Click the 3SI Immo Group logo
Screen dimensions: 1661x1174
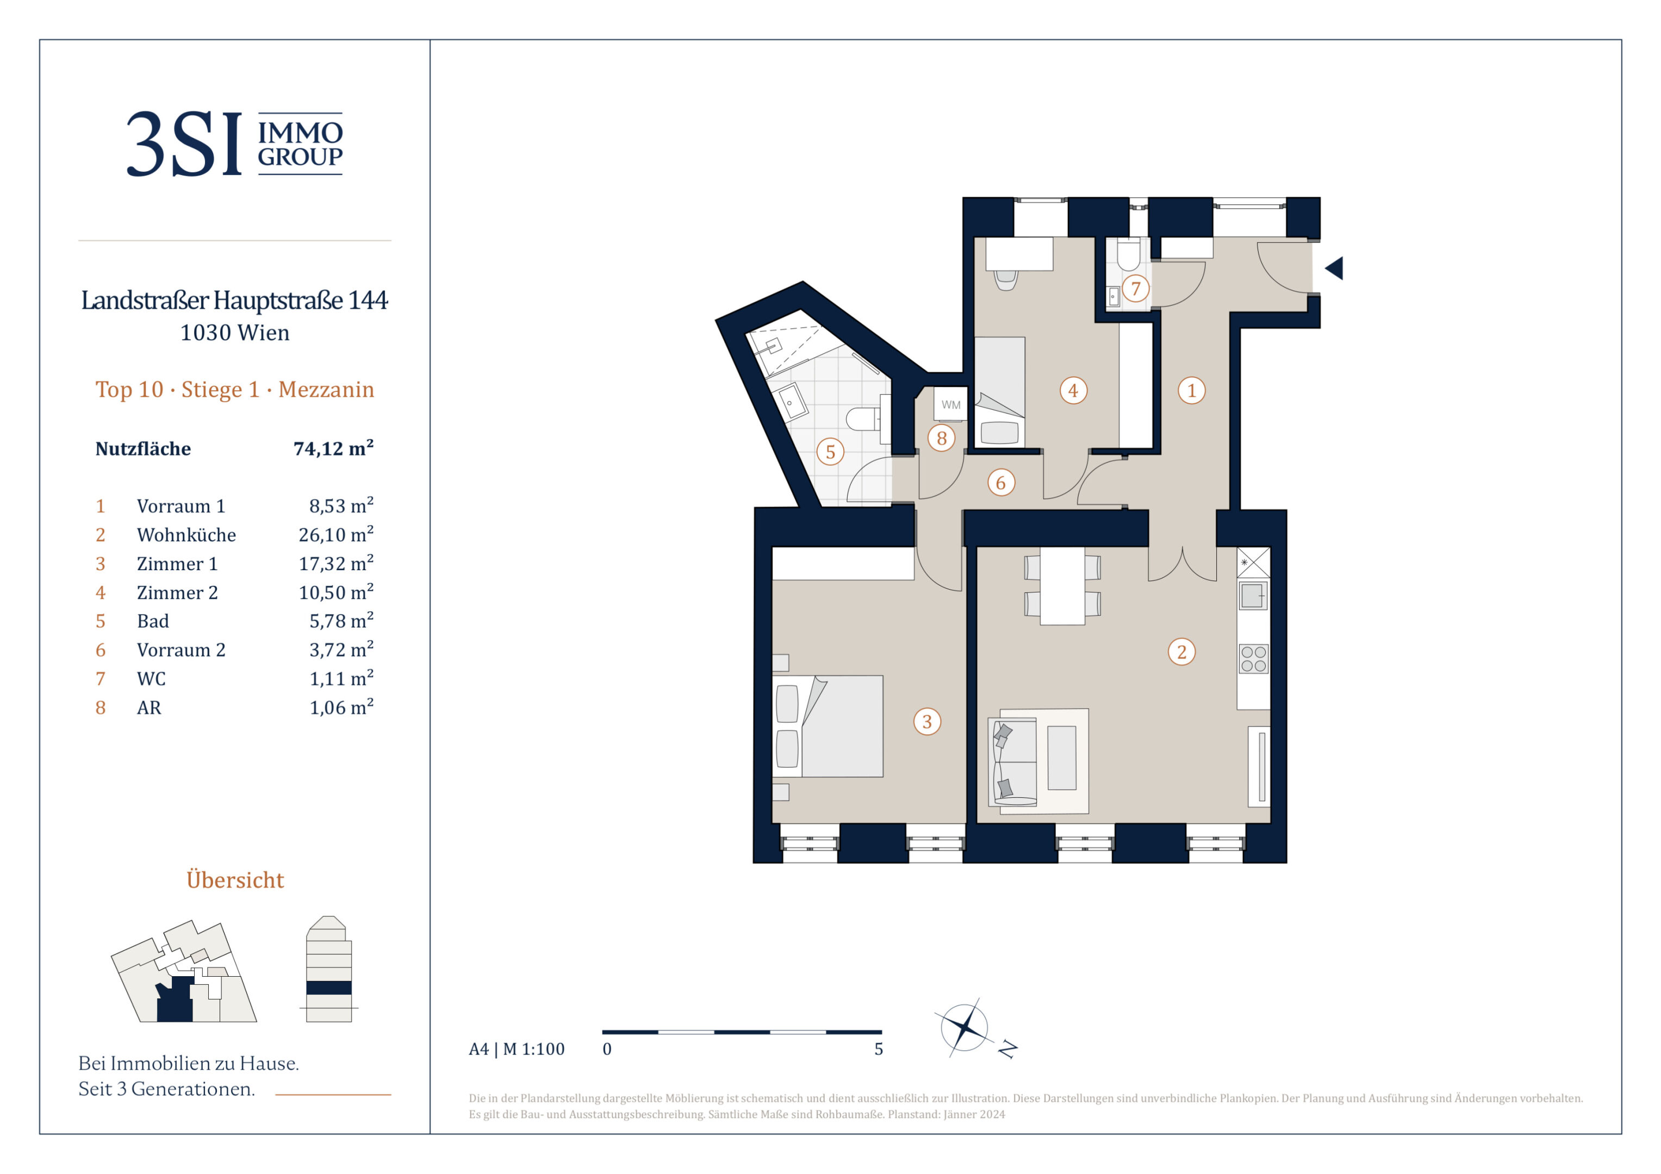[234, 143]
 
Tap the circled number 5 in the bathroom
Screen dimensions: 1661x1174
[831, 452]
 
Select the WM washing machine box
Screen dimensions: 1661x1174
[950, 404]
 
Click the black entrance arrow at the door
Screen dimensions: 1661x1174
[1334, 268]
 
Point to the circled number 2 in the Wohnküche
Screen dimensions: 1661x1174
[1181, 652]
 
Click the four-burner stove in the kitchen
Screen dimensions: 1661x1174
[1254, 659]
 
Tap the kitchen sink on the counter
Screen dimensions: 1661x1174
[1253, 596]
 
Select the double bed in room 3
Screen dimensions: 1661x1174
[829, 726]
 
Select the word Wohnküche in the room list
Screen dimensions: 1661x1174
[186, 535]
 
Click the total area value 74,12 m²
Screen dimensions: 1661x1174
[333, 448]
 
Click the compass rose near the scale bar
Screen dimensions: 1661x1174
[965, 1027]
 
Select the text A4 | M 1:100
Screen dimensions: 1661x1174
[517, 1049]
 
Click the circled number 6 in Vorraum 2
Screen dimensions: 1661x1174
[1000, 483]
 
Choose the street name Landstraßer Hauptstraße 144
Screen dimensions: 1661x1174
[234, 300]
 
